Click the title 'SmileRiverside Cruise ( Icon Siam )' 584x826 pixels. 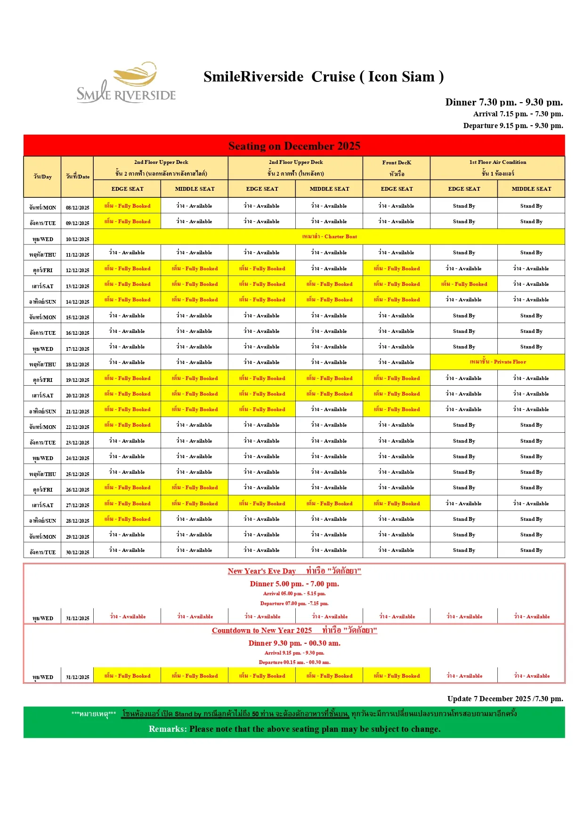324,77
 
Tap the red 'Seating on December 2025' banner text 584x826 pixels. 294,146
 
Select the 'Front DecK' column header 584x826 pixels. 397,162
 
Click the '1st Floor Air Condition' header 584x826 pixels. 497,162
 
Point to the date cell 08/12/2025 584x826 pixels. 78,207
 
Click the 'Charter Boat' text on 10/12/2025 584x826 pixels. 329,236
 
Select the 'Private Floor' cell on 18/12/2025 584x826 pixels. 498,362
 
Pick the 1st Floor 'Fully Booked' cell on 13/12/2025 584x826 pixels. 464,284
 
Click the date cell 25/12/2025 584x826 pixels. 78,474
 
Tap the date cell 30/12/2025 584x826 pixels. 78,552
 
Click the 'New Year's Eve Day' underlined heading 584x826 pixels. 262,571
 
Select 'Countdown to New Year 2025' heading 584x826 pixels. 262,631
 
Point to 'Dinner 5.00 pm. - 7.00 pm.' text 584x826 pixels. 294,584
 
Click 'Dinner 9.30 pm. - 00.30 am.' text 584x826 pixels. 294,643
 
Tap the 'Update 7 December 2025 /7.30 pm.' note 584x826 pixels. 505,699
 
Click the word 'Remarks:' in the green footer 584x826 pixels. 168,729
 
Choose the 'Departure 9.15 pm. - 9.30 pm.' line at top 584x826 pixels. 513,126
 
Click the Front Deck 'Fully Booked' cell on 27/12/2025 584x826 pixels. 397,503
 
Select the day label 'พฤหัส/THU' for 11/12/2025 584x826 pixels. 42,255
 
